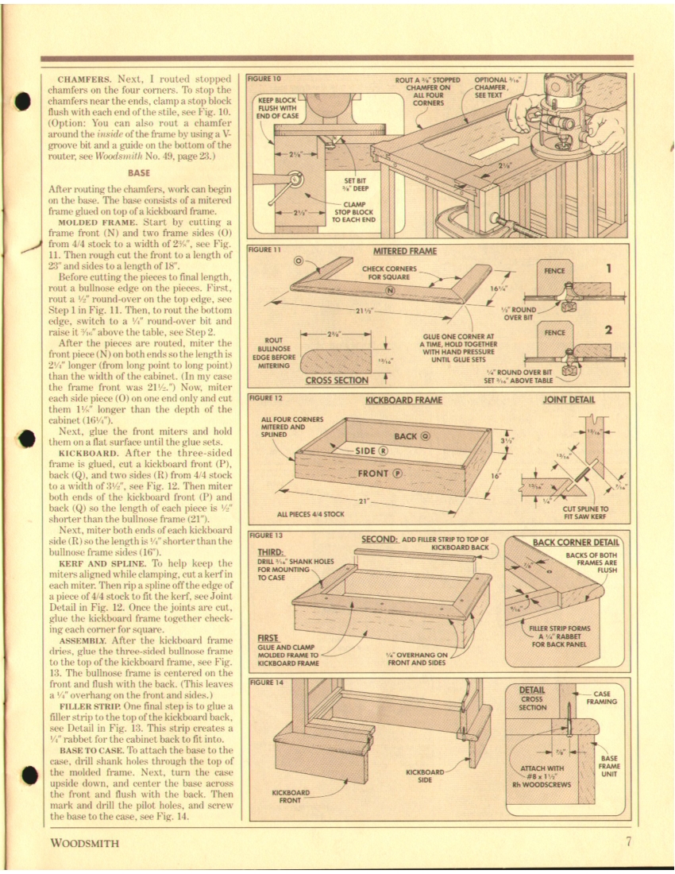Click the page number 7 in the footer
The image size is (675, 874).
tap(627, 843)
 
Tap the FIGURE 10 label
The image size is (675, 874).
tap(265, 79)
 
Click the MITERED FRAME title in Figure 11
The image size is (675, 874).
tap(405, 251)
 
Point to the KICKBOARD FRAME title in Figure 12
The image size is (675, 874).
tap(403, 400)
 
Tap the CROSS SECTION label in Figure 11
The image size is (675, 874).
tap(336, 380)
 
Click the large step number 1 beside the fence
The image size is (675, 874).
tap(607, 269)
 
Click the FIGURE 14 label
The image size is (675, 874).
tap(265, 682)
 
